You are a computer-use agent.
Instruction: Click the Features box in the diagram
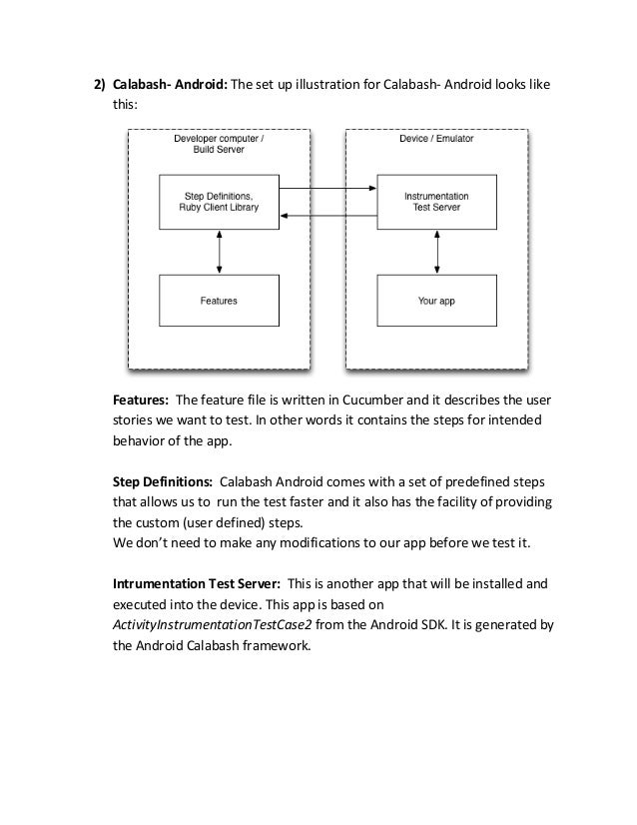(219, 300)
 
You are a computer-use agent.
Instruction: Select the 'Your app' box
(435, 300)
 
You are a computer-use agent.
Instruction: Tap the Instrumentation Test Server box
(435, 202)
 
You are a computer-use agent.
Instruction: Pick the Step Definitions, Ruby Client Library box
(219, 202)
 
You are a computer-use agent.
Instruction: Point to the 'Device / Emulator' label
(436, 140)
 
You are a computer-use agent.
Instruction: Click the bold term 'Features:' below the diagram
(141, 402)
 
